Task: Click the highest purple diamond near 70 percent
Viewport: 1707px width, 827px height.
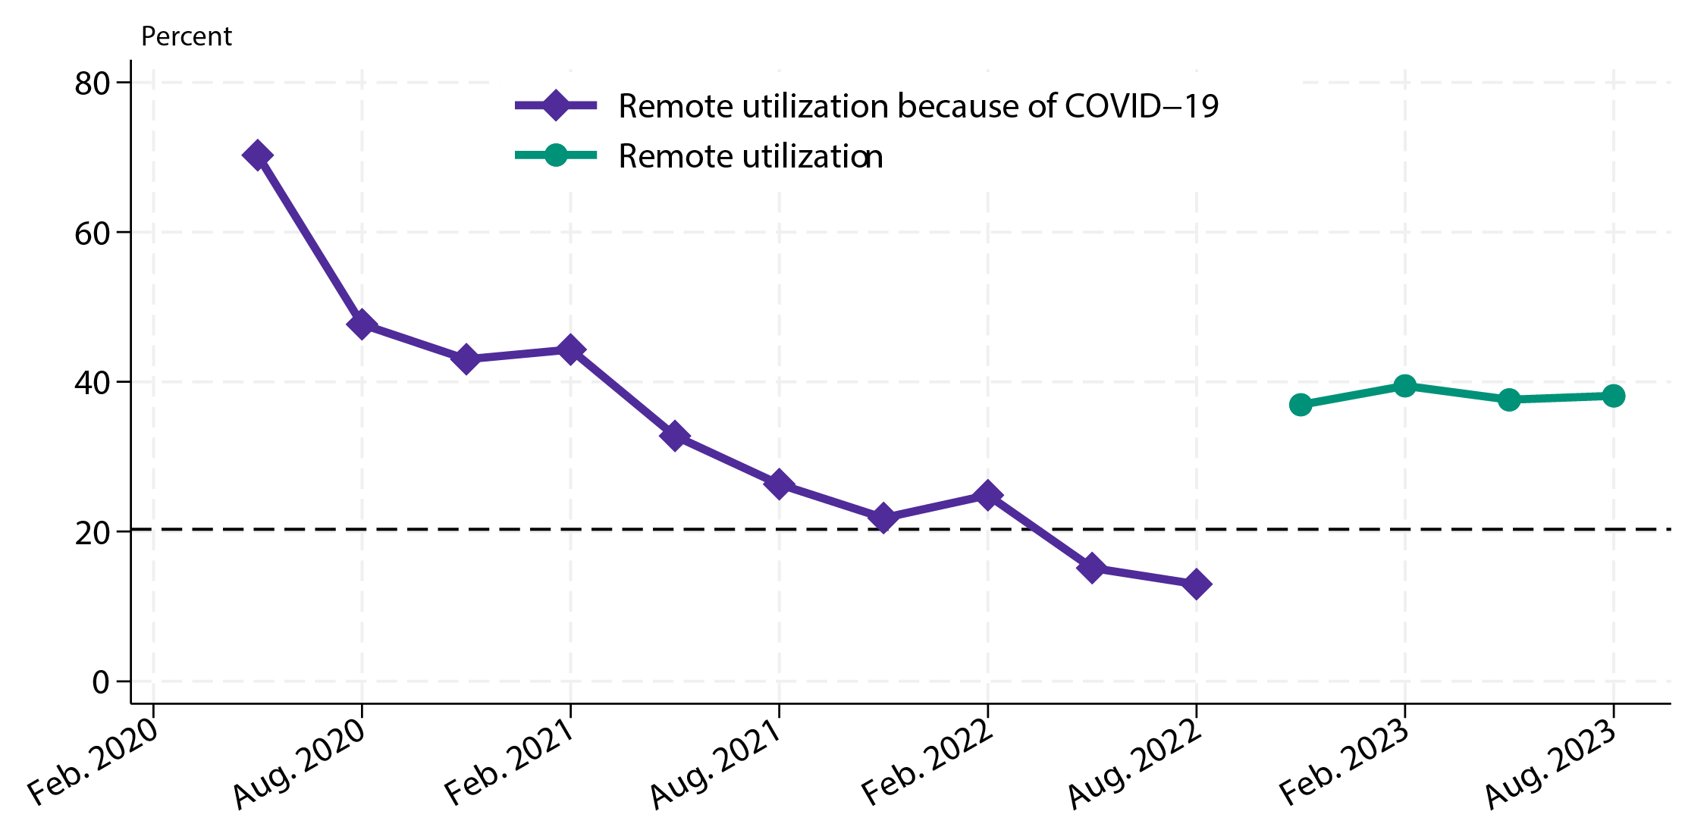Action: (x=257, y=155)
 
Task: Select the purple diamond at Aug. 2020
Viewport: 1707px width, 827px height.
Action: (x=362, y=324)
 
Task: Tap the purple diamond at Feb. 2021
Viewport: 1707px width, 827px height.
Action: (x=570, y=350)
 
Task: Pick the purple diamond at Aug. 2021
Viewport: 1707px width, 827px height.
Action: (x=779, y=484)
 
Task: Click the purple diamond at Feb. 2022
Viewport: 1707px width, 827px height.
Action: (x=987, y=496)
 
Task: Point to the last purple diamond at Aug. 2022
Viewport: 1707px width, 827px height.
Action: (x=1197, y=584)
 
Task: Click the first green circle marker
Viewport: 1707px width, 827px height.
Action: (x=1301, y=405)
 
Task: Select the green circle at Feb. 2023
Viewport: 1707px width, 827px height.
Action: (x=1405, y=386)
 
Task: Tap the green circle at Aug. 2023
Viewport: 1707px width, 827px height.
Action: (x=1614, y=396)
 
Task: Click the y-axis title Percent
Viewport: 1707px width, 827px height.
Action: (x=187, y=36)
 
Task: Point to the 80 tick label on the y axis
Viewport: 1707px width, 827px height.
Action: (x=93, y=84)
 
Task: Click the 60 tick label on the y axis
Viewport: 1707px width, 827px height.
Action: (x=93, y=233)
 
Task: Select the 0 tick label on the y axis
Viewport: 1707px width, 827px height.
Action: (x=101, y=682)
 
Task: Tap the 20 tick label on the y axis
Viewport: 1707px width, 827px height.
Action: (x=93, y=533)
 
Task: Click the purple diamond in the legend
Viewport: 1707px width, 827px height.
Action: (x=556, y=106)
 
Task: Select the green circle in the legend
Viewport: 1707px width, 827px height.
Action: (x=556, y=155)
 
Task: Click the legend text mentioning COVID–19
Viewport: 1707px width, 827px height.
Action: (x=918, y=106)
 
